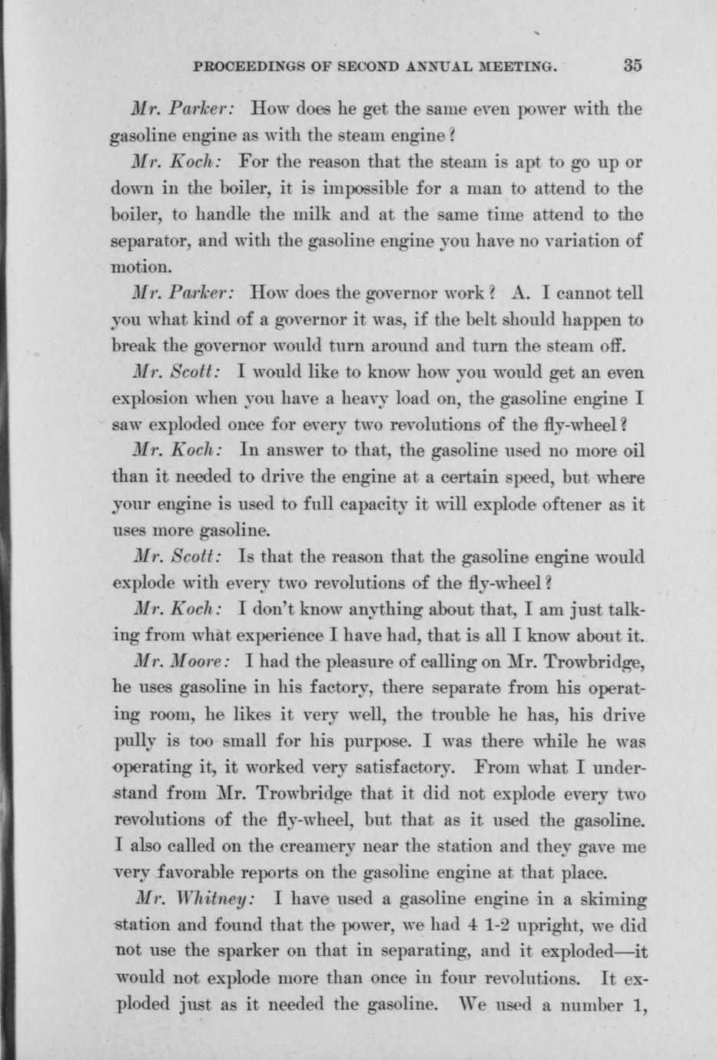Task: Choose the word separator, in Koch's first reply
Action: [149, 241]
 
